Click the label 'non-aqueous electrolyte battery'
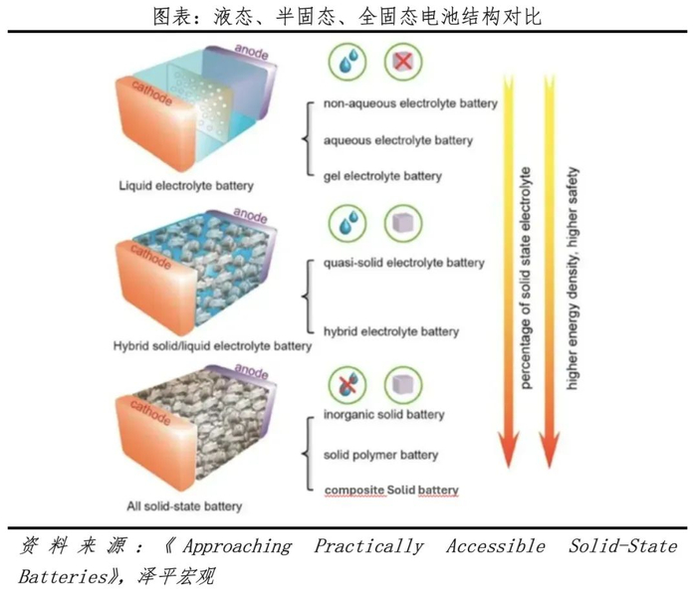411,103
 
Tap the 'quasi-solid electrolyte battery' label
404,263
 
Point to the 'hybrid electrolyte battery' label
391,331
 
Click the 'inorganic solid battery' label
384,414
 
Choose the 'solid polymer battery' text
381,455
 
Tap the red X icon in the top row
404,63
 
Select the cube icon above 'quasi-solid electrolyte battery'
404,221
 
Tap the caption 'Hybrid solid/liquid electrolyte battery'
212,346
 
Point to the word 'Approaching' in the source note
238,546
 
